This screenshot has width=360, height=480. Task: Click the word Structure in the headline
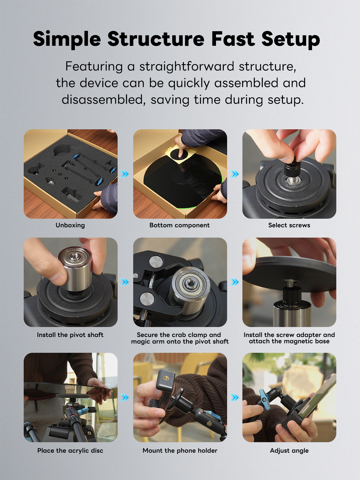pyautogui.click(x=156, y=39)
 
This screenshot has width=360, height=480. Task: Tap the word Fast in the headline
pyautogui.click(x=233, y=39)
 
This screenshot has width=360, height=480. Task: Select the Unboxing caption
pyautogui.click(x=70, y=225)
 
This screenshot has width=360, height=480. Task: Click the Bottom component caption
pyautogui.click(x=179, y=225)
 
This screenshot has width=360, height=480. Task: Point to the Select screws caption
pyautogui.click(x=289, y=225)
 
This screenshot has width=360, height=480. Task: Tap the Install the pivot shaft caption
pyautogui.click(x=70, y=335)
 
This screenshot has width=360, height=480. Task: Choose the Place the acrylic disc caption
pyautogui.click(x=70, y=451)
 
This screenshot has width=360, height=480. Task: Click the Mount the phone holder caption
pyautogui.click(x=180, y=451)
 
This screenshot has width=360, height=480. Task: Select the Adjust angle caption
pyautogui.click(x=289, y=451)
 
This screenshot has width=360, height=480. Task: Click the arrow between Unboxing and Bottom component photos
pyautogui.click(x=125, y=174)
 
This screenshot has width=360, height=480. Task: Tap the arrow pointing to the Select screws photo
pyautogui.click(x=235, y=174)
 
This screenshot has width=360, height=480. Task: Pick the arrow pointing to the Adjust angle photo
pyautogui.click(x=235, y=397)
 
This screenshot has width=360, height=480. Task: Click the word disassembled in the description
pyautogui.click(x=103, y=100)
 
